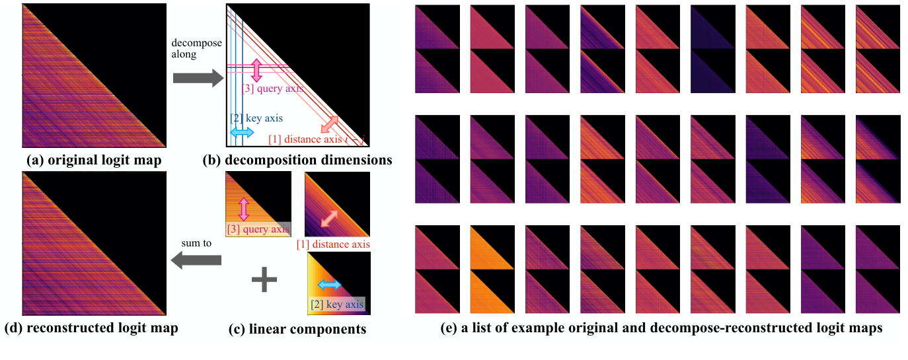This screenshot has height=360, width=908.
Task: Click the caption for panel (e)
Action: click(x=662, y=328)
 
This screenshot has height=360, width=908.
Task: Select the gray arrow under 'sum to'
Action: click(x=196, y=262)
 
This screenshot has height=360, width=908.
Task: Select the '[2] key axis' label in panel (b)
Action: click(x=256, y=119)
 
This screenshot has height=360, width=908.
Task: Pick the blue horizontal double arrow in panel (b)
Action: click(x=241, y=133)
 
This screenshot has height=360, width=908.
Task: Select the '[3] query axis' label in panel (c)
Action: click(x=258, y=230)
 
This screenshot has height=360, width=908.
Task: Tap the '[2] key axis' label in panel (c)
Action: click(x=337, y=305)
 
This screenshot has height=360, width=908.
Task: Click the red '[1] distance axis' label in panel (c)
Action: click(x=332, y=244)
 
